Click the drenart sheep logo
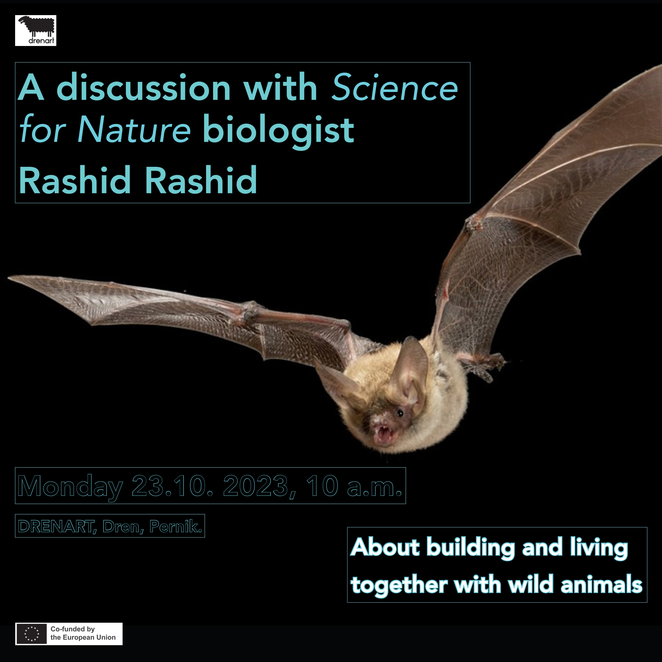(36, 31)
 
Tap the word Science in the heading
(395, 88)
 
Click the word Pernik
(176, 526)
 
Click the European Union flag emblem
(31, 634)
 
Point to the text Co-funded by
(73, 629)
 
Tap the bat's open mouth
(384, 435)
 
